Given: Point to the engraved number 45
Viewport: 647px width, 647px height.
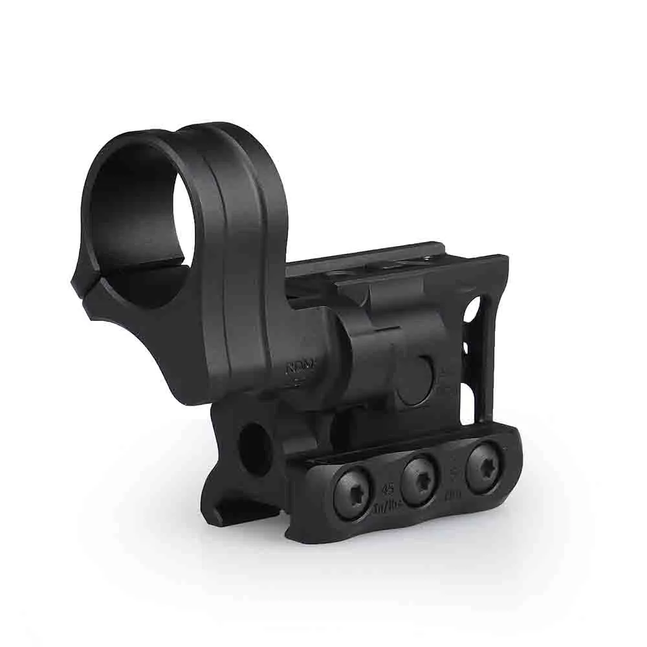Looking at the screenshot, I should [x=389, y=490].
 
